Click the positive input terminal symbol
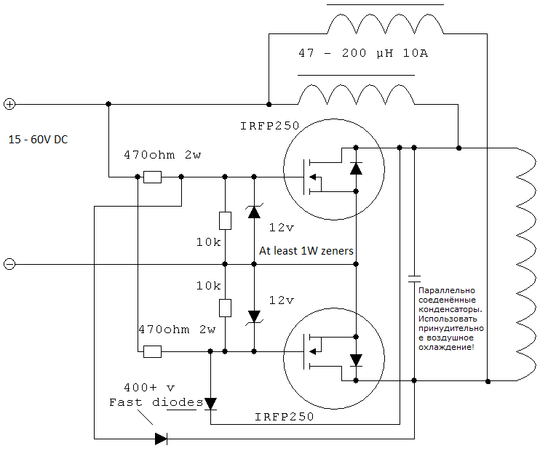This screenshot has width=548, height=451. tap(9, 104)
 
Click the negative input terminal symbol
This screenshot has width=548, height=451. tap(9, 264)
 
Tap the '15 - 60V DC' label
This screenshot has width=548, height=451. tap(38, 140)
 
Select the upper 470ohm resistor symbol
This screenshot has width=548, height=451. tap(152, 177)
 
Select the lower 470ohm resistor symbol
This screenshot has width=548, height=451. tap(152, 351)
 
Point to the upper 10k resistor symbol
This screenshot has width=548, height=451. tap(225, 221)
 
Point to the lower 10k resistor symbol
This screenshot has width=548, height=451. tap(225, 308)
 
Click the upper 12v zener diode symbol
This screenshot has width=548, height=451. tap(254, 212)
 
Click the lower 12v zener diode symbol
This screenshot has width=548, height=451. tap(254, 317)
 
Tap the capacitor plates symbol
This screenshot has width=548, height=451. tap(414, 279)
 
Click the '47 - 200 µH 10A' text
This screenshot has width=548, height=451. tap(363, 53)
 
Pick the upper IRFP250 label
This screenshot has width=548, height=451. tap(269, 126)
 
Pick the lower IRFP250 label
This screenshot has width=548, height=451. tap(284, 416)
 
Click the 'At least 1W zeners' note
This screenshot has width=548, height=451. tap(306, 251)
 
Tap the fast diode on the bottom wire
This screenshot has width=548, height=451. tap(161, 439)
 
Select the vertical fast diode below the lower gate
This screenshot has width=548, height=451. tap(210, 404)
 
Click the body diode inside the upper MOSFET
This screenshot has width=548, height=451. tap(356, 168)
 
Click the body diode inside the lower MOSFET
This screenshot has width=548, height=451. tap(356, 360)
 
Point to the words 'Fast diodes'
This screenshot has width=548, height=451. tap(156, 402)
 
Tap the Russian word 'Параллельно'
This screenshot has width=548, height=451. tap(447, 290)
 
